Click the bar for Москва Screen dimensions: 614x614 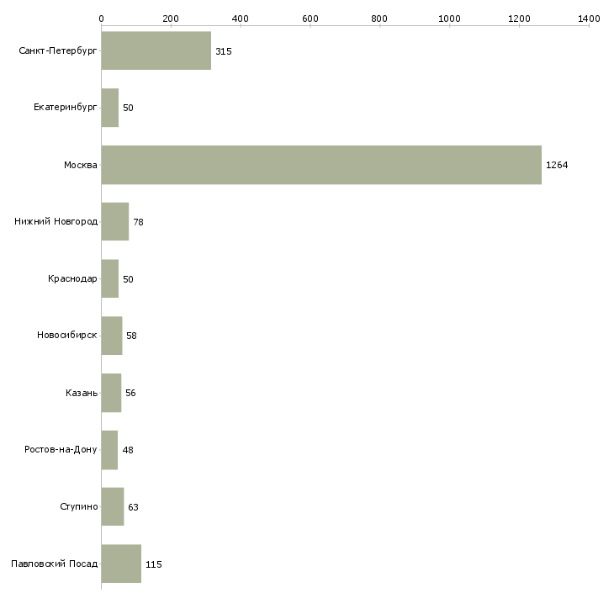coord(321,165)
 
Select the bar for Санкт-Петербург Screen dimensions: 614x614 coord(156,50)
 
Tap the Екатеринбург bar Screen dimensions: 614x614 coord(110,108)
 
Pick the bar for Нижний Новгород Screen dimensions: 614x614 coord(115,222)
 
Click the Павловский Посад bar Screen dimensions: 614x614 coord(121,564)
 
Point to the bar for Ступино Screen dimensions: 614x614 coord(113,506)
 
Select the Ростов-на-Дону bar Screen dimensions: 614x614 coord(109,450)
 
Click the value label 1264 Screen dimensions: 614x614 coord(557,165)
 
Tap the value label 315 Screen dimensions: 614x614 coord(224,51)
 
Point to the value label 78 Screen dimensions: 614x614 coord(138,222)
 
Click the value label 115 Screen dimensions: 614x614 coord(153,564)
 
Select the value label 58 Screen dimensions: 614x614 coord(131,336)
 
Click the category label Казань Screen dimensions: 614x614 coord(82,393)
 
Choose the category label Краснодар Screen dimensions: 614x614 coord(72,278)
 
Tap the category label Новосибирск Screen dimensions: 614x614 coord(67,336)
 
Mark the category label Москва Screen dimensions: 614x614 coord(80,165)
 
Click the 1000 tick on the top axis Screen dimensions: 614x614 coord(449,19)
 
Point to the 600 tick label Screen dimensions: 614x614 coord(310,19)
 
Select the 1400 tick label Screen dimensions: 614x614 coord(589,19)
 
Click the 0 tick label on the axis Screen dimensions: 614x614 coord(102,19)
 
